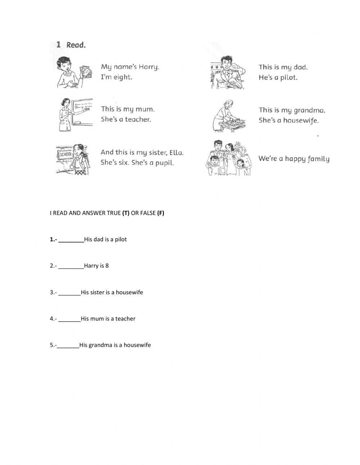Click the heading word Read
point(76,45)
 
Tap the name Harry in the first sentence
point(149,67)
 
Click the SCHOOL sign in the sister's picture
point(66,155)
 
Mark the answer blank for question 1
point(71,240)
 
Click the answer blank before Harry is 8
point(71,266)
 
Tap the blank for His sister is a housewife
point(69,292)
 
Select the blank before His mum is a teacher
point(69,319)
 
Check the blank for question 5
point(68,345)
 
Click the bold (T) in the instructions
point(126,213)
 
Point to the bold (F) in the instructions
point(161,213)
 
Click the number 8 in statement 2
point(107,266)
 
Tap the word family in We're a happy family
point(317,159)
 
